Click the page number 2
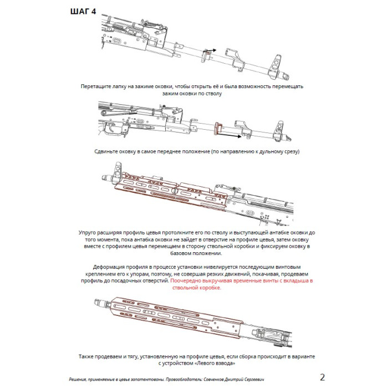(323, 377)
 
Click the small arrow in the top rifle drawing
(209, 51)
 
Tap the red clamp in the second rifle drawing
(217, 127)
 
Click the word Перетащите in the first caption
(96, 87)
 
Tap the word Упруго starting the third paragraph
(90, 233)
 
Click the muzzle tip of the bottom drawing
(95, 303)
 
